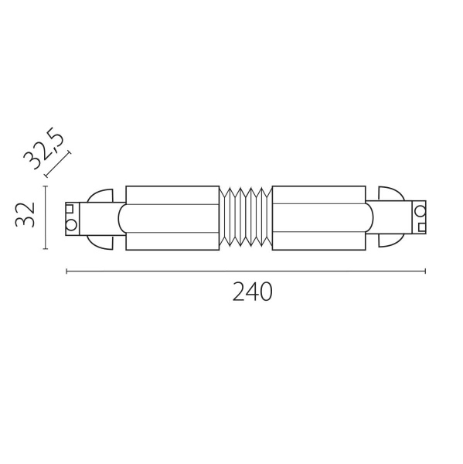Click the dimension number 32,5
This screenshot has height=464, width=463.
[44, 148]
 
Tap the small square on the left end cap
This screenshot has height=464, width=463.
[70, 209]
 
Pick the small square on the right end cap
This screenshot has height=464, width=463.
[421, 225]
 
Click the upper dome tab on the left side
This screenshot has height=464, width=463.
[103, 196]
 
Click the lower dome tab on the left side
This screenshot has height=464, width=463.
[103, 239]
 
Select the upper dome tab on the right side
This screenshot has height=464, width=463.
[389, 196]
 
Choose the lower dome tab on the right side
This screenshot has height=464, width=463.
[389, 239]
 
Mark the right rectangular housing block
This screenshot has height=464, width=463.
[319, 217]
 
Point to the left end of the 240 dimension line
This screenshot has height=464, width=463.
[67, 271]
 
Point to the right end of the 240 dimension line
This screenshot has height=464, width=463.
[425, 271]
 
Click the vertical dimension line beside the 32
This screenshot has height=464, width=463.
[46, 217]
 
